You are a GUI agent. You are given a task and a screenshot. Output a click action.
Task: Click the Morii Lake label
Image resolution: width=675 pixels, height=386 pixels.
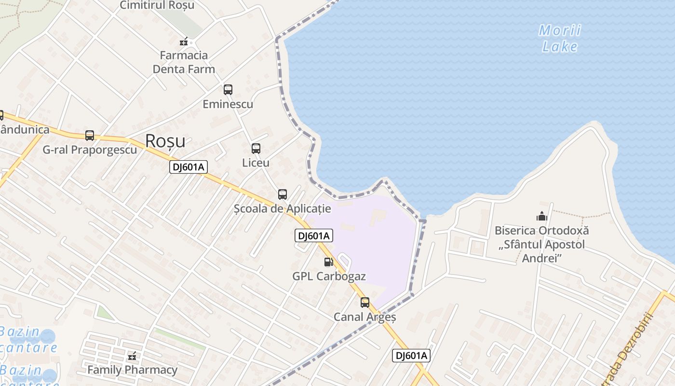coord(559,39)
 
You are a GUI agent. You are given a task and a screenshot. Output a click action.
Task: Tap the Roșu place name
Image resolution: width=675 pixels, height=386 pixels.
coord(165,141)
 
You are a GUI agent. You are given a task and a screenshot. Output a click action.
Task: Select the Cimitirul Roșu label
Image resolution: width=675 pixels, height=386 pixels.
coord(157,5)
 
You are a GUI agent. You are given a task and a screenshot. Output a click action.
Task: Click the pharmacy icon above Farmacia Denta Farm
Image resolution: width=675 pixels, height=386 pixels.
coord(184,42)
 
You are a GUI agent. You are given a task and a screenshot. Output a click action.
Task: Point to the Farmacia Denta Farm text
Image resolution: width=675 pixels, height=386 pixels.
coord(184,62)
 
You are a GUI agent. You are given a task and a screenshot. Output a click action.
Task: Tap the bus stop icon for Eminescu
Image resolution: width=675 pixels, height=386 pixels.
coord(228,89)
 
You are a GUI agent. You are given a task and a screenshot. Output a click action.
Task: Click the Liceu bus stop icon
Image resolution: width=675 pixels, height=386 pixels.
coord(256,149)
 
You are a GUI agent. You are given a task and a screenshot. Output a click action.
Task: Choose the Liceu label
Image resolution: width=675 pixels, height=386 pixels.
coord(256,163)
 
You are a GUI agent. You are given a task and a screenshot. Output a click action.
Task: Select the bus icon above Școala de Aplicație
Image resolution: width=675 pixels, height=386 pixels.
coord(283,194)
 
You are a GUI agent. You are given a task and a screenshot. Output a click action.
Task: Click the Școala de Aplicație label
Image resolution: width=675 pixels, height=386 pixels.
coord(283,209)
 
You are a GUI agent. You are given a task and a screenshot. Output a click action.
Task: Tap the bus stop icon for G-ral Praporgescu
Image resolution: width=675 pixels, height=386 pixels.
coord(90,136)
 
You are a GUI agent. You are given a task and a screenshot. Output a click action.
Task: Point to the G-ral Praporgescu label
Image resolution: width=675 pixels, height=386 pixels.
coord(90,150)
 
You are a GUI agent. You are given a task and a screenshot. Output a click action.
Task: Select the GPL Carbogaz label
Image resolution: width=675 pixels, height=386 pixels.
coord(329,276)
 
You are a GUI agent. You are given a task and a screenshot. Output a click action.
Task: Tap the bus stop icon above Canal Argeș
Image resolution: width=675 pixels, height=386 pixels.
coord(365,303)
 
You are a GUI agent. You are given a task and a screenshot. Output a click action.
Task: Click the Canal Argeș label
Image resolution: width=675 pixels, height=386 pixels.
coord(365,317)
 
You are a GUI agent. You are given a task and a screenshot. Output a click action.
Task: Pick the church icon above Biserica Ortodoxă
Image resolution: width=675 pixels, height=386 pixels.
coord(542,217)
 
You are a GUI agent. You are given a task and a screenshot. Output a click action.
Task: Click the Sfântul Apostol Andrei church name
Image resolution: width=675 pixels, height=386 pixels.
coord(542,244)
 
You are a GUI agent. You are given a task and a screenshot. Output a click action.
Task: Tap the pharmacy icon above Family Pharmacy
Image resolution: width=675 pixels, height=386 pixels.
coord(132,357)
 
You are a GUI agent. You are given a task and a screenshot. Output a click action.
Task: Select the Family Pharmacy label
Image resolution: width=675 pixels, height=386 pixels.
coord(132,370)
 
